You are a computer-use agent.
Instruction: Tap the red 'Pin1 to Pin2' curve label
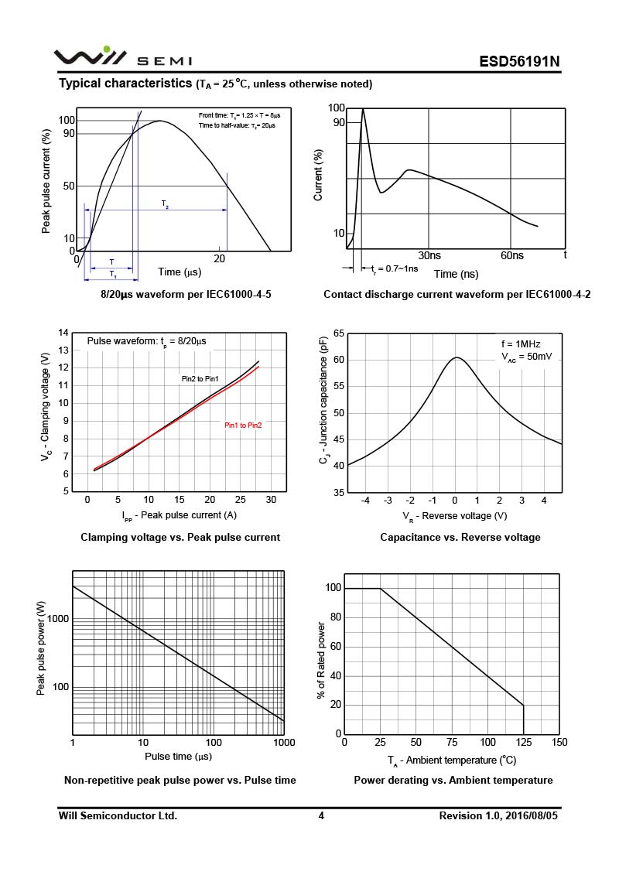pos(243,426)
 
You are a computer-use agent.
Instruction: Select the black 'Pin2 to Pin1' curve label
pos(200,379)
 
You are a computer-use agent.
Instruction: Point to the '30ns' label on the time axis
pos(429,255)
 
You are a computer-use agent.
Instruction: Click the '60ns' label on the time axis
pos(511,255)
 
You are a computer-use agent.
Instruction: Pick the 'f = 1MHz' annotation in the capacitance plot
pos(520,344)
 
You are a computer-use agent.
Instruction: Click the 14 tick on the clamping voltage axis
pos(64,333)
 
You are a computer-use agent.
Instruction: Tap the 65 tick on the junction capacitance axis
pos(338,333)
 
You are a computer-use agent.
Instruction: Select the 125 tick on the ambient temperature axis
pos(524,743)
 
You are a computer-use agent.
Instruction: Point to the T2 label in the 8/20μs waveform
pos(165,203)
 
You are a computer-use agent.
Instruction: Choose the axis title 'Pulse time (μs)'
pos(178,757)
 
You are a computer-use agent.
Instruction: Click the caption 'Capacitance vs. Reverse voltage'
pos(460,537)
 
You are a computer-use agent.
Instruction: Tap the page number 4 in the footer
pos(321,816)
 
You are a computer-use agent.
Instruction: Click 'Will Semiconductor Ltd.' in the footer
pos(118,816)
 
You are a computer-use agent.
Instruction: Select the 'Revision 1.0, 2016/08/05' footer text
pos(499,816)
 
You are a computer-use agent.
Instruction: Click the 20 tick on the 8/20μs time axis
pos(220,259)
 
